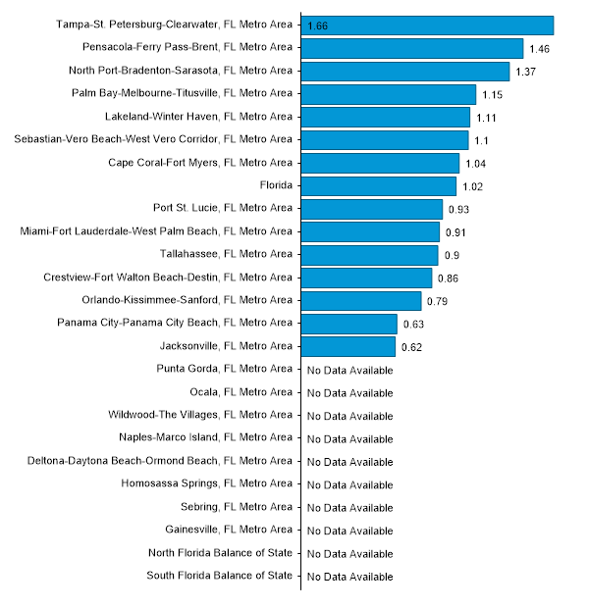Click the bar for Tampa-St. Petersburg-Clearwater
pyautogui.click(x=427, y=25)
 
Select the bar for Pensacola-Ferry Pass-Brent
pyautogui.click(x=412, y=48)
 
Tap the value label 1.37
pyautogui.click(x=526, y=72)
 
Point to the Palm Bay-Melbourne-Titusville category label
pyautogui.click(x=182, y=93)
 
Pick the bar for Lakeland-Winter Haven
pyautogui.click(x=386, y=117)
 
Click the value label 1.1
pyautogui.click(x=482, y=140)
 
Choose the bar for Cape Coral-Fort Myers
pyautogui.click(x=380, y=163)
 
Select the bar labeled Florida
pyautogui.click(x=379, y=185)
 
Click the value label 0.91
pyautogui.click(x=456, y=232)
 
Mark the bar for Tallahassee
pyautogui.click(x=369, y=255)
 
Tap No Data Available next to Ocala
pyautogui.click(x=349, y=393)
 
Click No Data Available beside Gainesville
pyautogui.click(x=349, y=531)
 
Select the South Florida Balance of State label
pyautogui.click(x=219, y=576)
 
